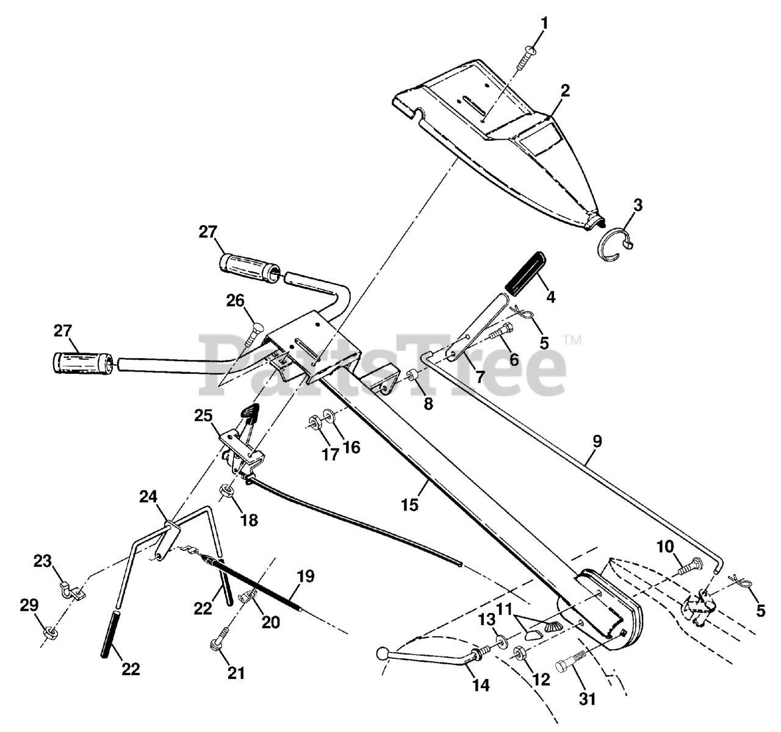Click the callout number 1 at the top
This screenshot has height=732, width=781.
544,24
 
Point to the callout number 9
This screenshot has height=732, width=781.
596,440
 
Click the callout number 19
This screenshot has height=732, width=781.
307,575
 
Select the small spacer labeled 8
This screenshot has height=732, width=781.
412,374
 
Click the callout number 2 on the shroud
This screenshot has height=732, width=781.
565,91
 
